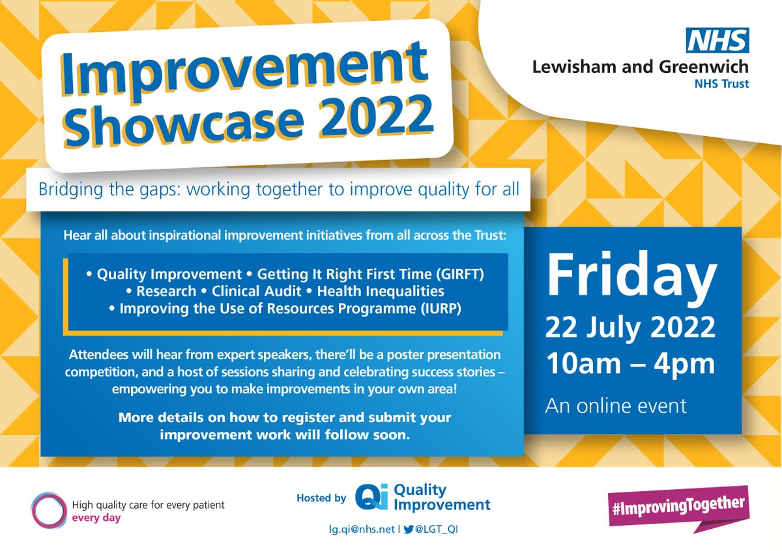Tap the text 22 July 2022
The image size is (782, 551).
(630, 328)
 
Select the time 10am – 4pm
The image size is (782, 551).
(630, 364)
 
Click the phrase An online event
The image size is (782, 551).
(616, 406)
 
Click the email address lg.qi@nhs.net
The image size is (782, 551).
(360, 530)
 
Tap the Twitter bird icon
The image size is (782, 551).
(409, 530)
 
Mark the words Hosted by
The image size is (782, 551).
(321, 498)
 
